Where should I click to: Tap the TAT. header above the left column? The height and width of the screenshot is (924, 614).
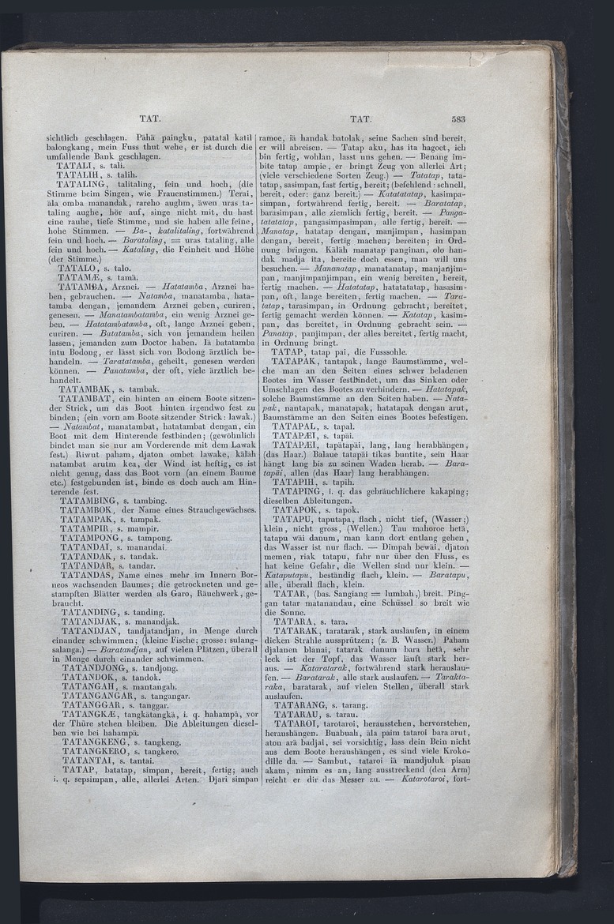pyautogui.click(x=150, y=118)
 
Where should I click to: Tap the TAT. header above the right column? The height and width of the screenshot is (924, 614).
pyautogui.click(x=360, y=119)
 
